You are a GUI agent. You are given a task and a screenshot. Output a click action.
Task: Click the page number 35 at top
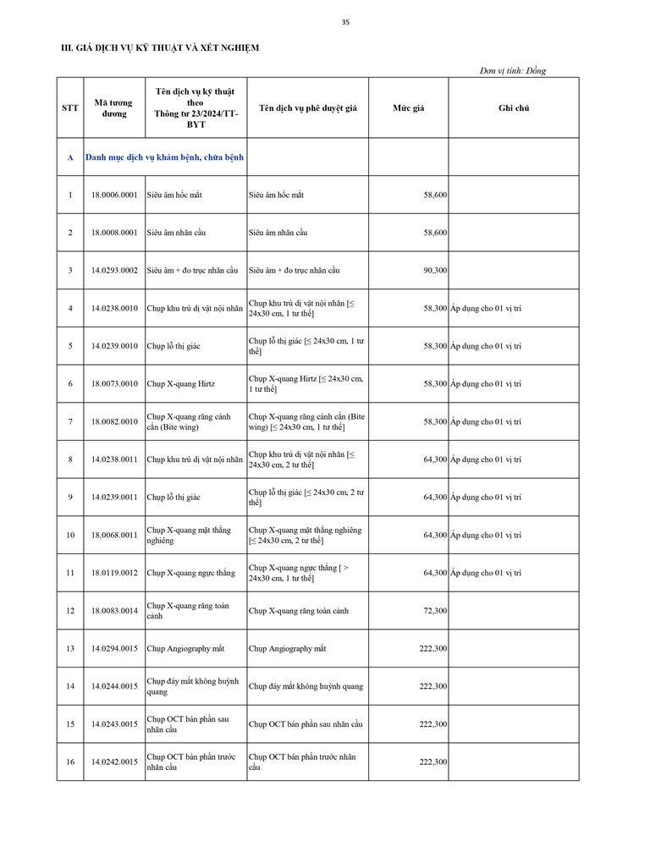345,22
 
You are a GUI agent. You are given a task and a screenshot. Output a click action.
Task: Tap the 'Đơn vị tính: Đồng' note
513,71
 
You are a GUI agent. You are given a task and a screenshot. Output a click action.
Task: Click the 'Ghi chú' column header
514,108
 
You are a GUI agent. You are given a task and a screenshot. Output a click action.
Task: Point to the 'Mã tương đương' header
114,107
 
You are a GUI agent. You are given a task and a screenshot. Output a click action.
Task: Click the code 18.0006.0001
114,195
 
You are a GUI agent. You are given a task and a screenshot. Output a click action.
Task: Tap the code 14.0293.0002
114,271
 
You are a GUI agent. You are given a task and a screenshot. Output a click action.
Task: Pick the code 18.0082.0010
114,421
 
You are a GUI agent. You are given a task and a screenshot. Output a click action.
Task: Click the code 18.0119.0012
114,573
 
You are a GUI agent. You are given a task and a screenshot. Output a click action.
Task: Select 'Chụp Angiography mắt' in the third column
185,649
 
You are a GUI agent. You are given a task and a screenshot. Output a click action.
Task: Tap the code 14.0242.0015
114,762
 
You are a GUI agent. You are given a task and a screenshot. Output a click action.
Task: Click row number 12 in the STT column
70,611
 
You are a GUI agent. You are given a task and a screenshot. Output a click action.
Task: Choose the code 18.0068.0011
114,536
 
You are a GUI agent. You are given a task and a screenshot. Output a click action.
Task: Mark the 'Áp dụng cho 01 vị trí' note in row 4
486,309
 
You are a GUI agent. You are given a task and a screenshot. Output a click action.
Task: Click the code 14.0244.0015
114,686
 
